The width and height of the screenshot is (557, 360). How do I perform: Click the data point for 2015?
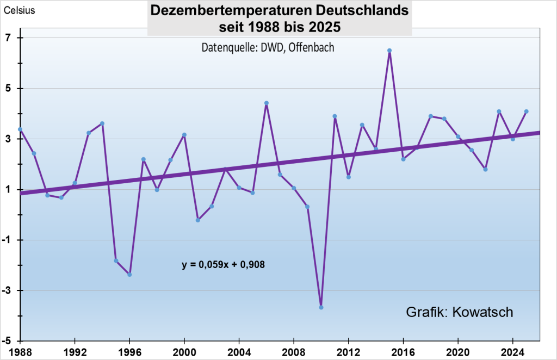pos(389,51)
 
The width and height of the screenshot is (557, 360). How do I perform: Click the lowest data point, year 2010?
pos(321,307)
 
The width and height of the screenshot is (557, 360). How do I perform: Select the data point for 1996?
pos(129,275)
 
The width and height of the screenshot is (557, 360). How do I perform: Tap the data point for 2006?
pos(267,103)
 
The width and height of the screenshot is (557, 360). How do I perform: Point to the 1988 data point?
pos(20,129)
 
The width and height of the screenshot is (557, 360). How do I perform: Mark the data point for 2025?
pos(527,111)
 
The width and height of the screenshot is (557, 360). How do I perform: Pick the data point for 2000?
pos(184,135)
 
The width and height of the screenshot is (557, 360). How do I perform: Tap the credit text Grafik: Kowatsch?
pos(460,312)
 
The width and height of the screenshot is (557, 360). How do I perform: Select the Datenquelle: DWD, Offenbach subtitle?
pos(268,47)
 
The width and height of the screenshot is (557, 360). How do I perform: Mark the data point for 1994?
pos(102,123)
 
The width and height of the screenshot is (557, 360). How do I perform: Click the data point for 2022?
pos(485,170)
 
